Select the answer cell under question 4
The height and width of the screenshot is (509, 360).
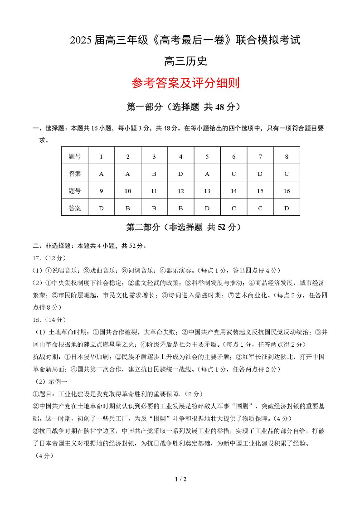180,174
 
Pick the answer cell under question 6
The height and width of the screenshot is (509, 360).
234,174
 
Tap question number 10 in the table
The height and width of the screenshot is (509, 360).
128,191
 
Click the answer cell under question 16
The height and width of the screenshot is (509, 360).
287,208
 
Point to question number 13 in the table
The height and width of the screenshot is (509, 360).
207,191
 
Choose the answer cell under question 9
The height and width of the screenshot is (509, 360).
101,208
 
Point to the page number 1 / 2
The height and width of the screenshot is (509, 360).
180,479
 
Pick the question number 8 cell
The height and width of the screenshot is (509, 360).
287,156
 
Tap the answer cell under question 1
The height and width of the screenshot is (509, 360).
101,174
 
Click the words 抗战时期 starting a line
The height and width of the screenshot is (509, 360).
46,357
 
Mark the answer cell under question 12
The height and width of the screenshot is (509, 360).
180,208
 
